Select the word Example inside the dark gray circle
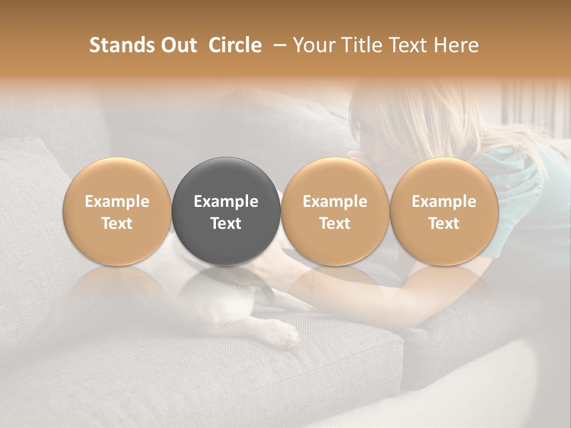coord(226,202)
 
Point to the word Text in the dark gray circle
coord(226,224)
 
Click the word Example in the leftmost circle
coord(117,202)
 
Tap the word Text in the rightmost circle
coord(444,224)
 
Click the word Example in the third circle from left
coord(335,202)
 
